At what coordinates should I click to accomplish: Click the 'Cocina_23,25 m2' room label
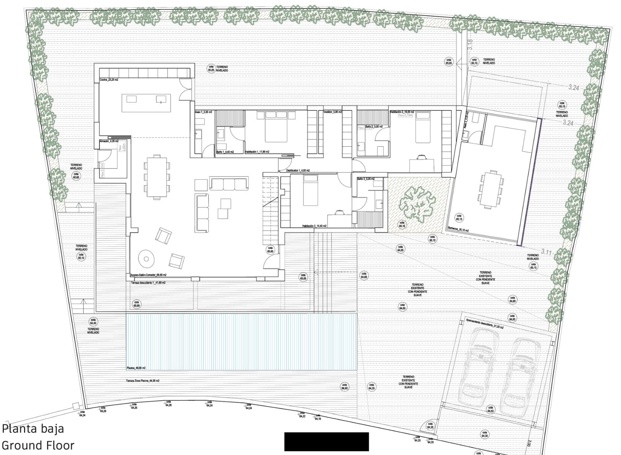(x=109, y=80)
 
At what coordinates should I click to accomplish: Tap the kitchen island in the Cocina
(x=146, y=103)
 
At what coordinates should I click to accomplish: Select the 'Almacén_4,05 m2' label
(x=109, y=141)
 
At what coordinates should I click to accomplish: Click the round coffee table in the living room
(x=147, y=258)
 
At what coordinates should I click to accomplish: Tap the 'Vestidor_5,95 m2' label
(x=333, y=112)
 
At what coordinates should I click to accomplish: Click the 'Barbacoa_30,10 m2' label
(x=458, y=230)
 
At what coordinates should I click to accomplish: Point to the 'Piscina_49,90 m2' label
(x=136, y=367)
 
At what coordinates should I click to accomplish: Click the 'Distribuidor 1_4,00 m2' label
(x=298, y=170)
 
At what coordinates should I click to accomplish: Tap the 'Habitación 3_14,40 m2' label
(x=314, y=226)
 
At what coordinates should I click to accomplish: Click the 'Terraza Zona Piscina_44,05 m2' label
(x=142, y=381)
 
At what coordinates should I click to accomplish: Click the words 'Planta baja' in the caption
(x=33, y=429)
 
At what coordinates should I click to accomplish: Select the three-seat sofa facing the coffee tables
(x=229, y=183)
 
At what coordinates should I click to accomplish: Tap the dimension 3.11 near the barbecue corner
(x=546, y=252)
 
